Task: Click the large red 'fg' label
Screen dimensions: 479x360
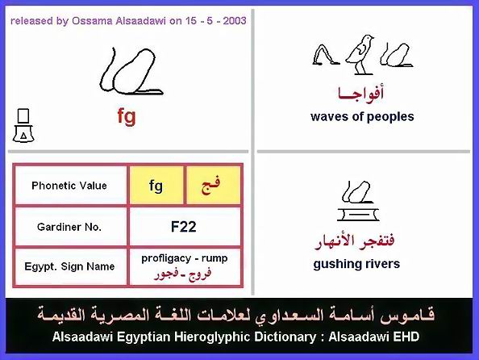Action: point(127,116)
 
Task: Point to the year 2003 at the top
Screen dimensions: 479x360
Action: point(235,21)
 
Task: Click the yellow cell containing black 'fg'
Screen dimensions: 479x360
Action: point(156,186)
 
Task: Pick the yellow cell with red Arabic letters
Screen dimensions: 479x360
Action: point(213,186)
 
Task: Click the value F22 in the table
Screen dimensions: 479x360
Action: point(183,227)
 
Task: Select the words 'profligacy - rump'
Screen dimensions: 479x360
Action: point(184,258)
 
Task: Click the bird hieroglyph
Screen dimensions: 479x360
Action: point(360,55)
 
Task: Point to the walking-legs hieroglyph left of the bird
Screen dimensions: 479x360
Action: point(326,55)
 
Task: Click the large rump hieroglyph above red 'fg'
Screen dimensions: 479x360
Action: point(131,71)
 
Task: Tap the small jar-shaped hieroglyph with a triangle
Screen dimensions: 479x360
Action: point(23,125)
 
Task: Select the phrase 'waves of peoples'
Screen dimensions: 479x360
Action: point(362,116)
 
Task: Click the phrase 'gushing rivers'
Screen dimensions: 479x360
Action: point(356,264)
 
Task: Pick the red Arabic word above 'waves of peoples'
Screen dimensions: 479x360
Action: point(360,94)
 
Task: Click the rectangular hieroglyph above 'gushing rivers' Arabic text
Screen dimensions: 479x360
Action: point(358,214)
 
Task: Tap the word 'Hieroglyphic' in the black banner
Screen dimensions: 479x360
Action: point(245,337)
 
